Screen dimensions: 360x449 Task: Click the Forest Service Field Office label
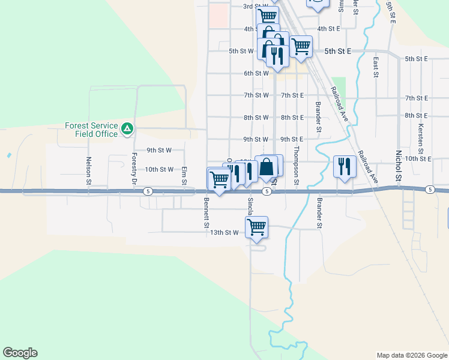92,130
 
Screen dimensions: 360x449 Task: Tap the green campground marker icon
127,128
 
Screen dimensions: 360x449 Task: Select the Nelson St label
89,170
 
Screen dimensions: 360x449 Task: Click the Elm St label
184,175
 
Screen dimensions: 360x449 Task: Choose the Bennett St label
206,208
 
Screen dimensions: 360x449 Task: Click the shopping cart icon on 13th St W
257,227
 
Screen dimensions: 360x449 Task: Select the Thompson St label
296,166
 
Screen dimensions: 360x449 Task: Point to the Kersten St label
421,137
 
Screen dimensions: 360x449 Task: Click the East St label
375,68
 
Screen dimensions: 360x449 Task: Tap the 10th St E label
418,158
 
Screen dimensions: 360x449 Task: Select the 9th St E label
292,139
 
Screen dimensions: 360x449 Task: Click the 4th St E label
329,28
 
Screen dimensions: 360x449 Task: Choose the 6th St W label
256,73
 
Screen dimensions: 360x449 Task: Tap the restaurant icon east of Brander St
344,166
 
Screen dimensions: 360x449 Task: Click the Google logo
20,353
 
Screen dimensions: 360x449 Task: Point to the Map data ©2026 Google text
412,355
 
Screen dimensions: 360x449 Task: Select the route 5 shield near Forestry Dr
147,191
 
